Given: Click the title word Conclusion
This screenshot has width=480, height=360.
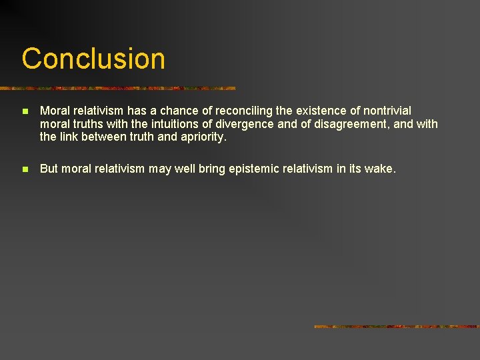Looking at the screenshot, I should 93,59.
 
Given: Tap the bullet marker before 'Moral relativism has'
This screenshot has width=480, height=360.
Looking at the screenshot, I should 24,111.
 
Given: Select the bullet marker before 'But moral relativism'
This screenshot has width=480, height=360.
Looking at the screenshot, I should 24,170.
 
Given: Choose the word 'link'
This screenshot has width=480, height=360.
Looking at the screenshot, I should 69,137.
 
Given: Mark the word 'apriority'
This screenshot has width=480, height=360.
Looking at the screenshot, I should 203,137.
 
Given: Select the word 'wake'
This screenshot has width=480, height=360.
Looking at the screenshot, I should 381,169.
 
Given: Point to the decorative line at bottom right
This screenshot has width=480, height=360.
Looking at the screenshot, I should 396,327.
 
